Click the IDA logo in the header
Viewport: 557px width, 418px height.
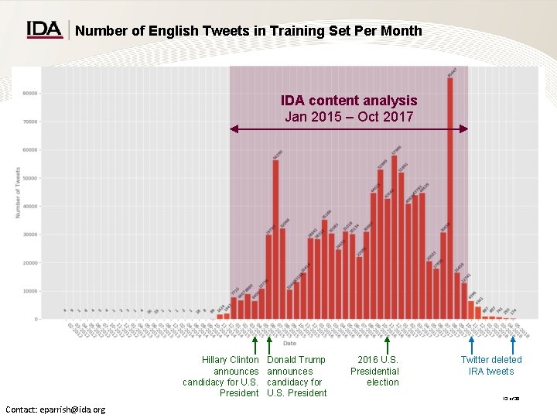tap(45, 29)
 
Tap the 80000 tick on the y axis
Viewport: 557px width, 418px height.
tap(31, 94)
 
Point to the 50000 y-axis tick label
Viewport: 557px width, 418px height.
tap(31, 178)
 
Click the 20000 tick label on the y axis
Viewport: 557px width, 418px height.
tap(31, 263)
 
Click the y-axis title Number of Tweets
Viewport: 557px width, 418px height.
tap(18, 193)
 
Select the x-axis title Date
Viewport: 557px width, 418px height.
tap(289, 343)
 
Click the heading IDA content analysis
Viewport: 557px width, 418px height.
tap(349, 101)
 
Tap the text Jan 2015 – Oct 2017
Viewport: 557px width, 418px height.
tap(349, 117)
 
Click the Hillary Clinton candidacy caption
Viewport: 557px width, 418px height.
tap(221, 376)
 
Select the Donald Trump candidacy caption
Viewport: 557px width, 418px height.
tap(296, 376)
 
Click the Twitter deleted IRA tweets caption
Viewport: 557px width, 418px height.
tap(491, 365)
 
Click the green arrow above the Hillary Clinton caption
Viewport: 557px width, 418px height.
tap(256, 343)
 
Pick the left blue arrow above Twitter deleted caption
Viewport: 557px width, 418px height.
tap(471, 343)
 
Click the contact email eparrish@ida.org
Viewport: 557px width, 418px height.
tap(55, 409)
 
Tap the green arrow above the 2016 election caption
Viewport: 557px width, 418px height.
tap(386, 343)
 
